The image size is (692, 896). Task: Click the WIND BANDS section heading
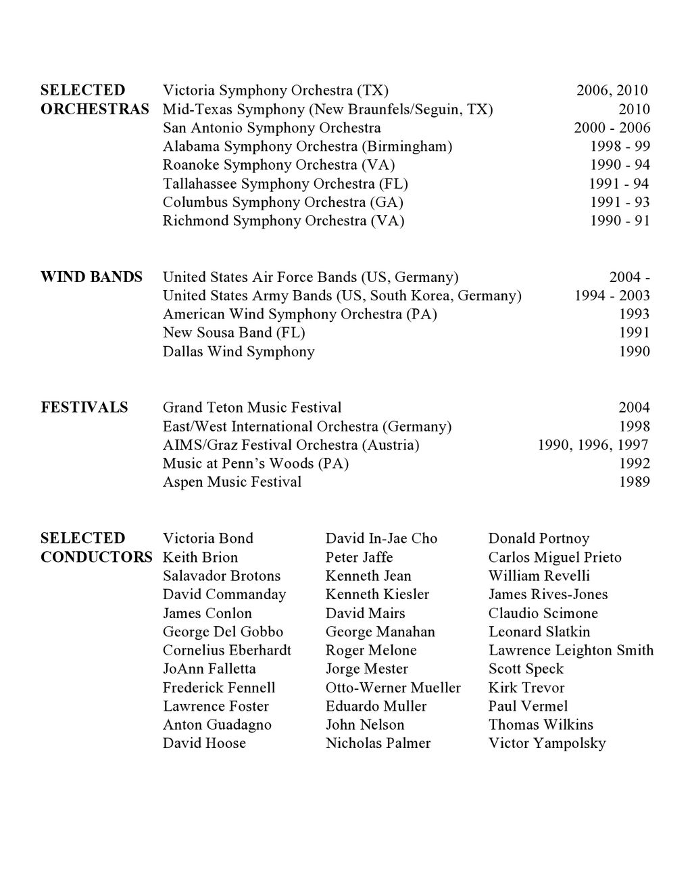coord(91,277)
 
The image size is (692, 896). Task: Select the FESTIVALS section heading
coord(84,408)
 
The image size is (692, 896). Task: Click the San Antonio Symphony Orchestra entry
coord(272,128)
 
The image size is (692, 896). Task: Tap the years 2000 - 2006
coord(612,128)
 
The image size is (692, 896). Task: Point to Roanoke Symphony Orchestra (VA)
coord(278,165)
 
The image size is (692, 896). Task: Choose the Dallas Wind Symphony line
coord(239,352)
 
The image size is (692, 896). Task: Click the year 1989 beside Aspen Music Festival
coord(635,482)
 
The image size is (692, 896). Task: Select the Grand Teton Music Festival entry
coord(252,408)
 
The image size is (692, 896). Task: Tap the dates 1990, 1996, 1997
coord(593,445)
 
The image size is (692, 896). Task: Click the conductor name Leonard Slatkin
coord(539,632)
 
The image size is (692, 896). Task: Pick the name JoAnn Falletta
coord(209,669)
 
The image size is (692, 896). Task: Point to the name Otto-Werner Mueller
coord(393,688)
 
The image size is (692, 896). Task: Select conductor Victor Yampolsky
coord(547,743)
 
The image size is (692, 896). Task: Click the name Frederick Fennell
coord(219,688)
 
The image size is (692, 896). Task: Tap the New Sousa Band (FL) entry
coord(234,333)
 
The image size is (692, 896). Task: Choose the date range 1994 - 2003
coord(612,296)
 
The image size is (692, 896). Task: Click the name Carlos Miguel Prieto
coord(555,558)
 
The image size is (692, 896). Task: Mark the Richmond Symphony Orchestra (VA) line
coord(283,221)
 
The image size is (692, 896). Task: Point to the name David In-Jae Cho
coord(381,539)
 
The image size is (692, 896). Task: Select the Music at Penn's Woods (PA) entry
coord(255,464)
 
